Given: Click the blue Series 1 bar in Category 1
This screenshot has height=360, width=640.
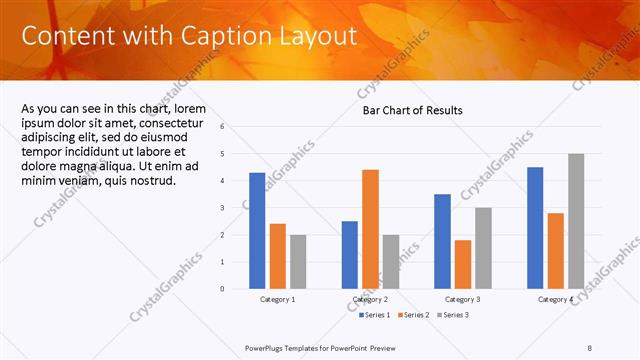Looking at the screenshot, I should point(257,230).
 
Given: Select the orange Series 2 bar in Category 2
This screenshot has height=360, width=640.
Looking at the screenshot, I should point(370,229).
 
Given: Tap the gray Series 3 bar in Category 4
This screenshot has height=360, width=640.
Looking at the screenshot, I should point(576,221).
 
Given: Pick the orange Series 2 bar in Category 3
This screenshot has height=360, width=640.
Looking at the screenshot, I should point(462,264).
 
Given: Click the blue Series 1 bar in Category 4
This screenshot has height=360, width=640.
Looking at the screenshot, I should point(535,227).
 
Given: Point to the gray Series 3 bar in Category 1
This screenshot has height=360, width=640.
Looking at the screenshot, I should point(298,261).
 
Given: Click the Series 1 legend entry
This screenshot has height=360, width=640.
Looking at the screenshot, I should point(376,315).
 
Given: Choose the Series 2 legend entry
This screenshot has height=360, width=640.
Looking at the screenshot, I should point(416,315).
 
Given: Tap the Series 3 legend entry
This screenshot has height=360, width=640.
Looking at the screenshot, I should point(455,315).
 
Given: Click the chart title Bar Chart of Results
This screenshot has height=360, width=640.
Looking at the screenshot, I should point(413,110).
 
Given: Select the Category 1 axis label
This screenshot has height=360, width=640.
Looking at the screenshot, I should point(277,299).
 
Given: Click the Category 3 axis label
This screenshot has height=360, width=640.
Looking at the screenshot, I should point(463,299).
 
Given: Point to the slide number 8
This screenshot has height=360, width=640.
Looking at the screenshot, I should point(590,347).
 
